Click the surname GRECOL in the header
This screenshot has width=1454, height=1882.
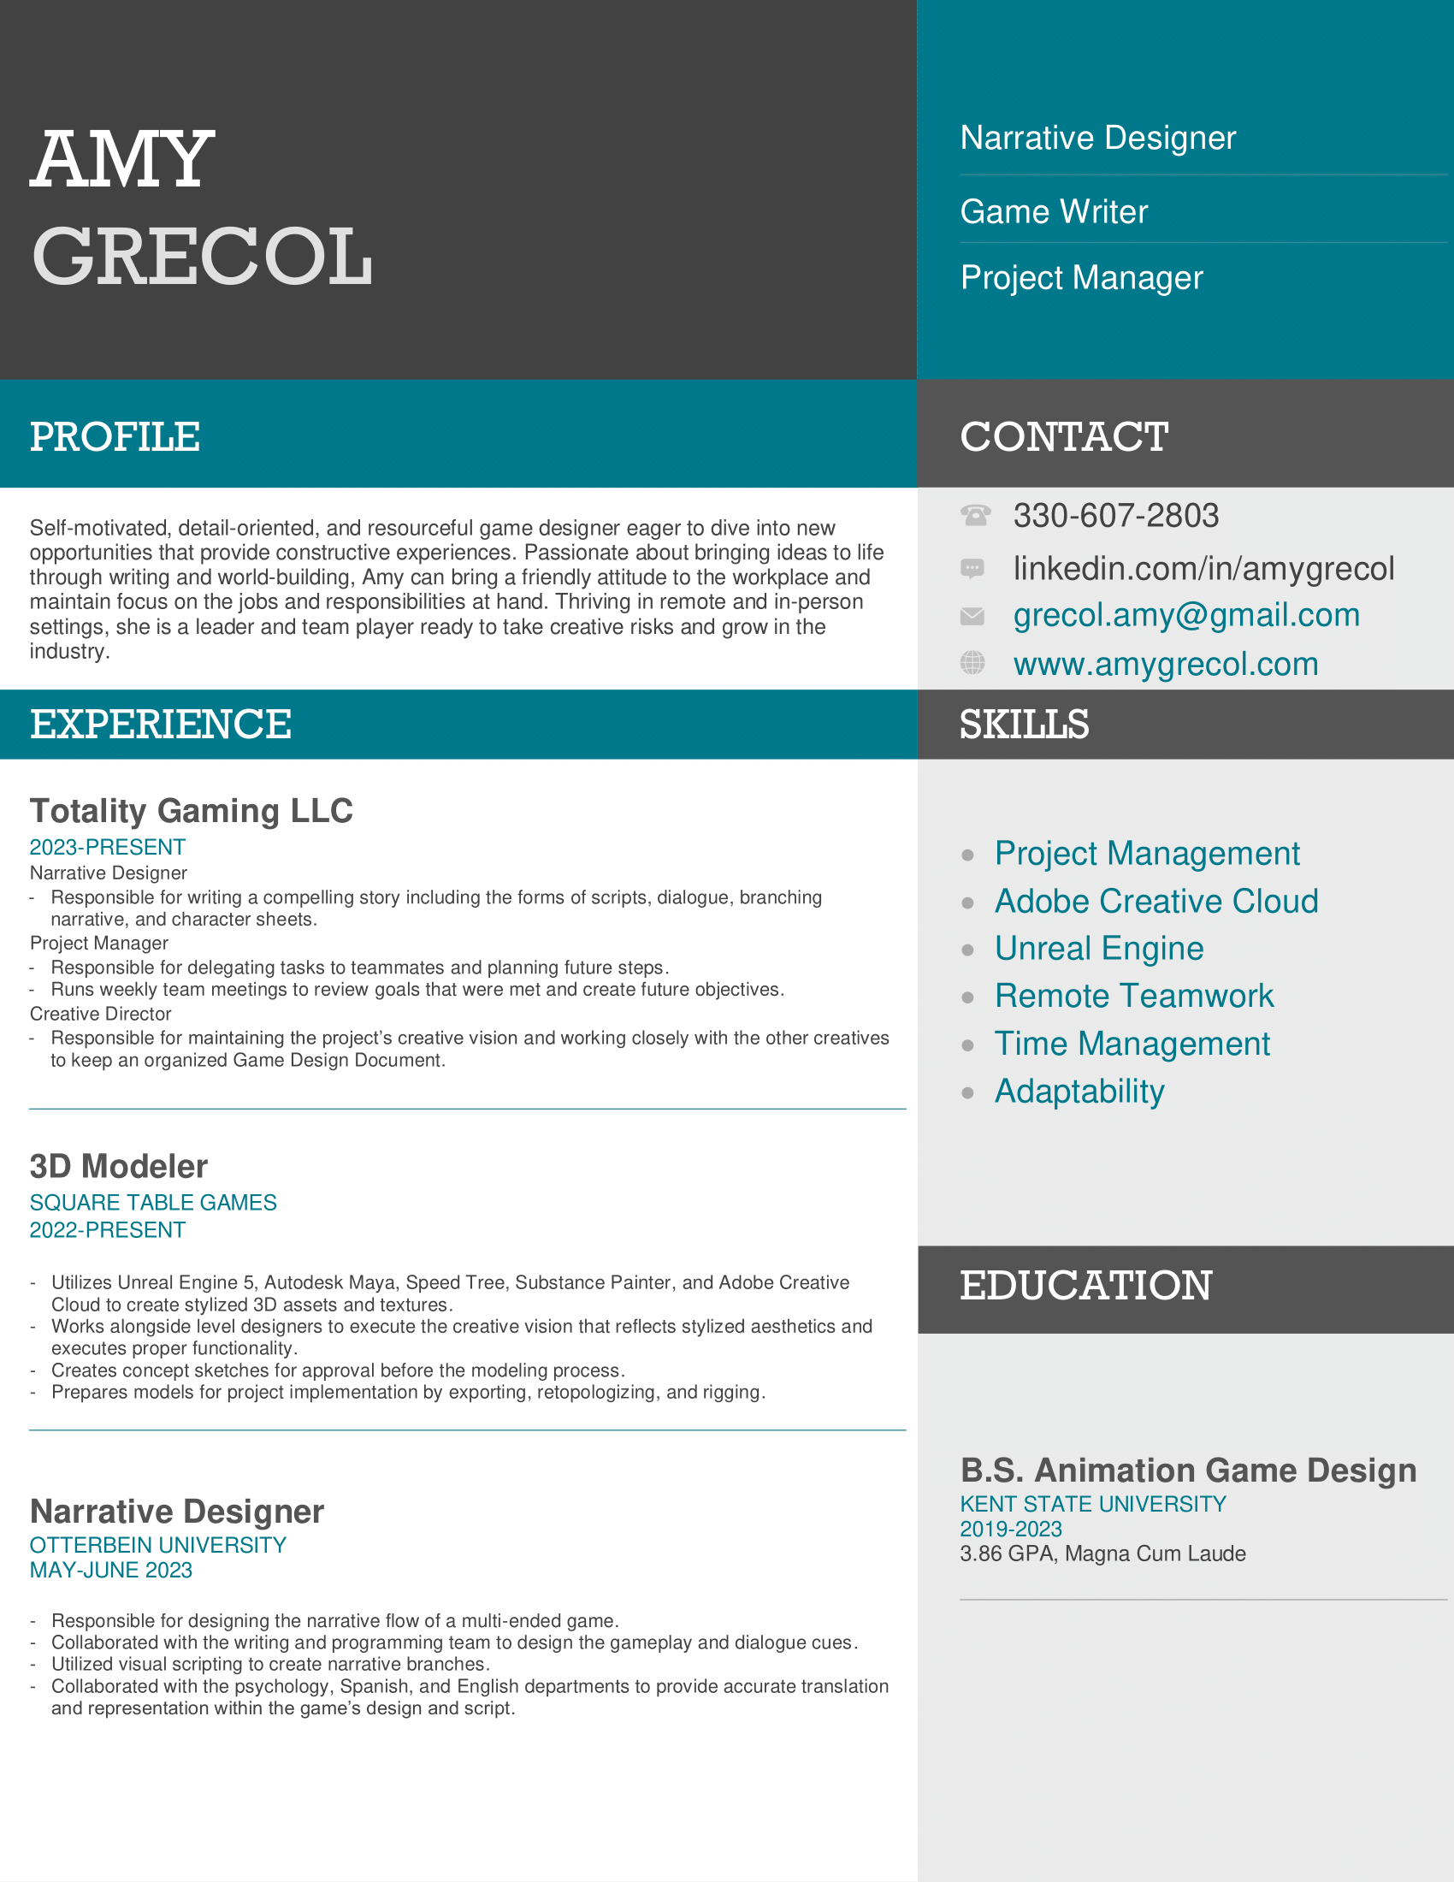(x=203, y=256)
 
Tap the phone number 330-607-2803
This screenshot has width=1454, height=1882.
(x=1115, y=515)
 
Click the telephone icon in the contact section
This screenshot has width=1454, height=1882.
(x=974, y=515)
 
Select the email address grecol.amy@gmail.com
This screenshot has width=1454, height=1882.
(x=1186, y=615)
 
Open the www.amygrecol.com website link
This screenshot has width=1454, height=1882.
(x=1166, y=664)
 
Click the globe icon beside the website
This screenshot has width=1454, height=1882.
(x=972, y=663)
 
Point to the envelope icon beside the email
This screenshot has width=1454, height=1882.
(x=972, y=615)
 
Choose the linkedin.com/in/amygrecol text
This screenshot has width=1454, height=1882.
(x=1203, y=568)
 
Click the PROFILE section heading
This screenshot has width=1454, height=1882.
(x=115, y=436)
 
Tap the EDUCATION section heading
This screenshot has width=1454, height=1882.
(x=1085, y=1286)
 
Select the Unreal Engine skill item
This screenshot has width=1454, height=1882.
(x=1098, y=948)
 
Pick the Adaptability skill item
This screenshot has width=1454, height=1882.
(x=1079, y=1091)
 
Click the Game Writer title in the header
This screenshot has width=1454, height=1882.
(x=1054, y=211)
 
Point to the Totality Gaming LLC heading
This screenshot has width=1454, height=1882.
(x=192, y=811)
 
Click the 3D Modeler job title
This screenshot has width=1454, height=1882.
(x=119, y=1166)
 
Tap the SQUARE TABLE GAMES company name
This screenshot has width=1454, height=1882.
(x=153, y=1202)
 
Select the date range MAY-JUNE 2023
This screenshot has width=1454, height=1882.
(x=111, y=1570)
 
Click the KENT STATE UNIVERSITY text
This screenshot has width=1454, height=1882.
(x=1092, y=1504)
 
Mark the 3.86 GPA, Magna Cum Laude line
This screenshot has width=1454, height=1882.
(x=1102, y=1554)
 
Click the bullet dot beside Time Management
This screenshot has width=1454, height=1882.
(x=968, y=1045)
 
